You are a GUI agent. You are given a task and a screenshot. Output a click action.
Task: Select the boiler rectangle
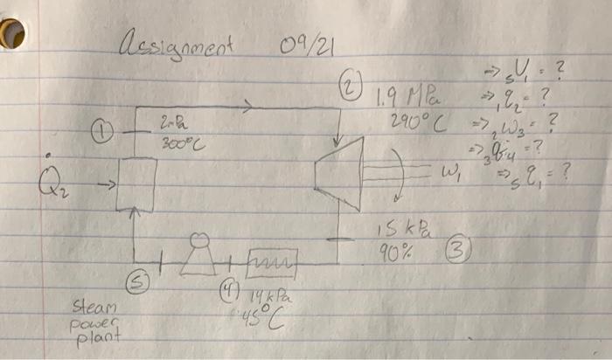pos(136,184)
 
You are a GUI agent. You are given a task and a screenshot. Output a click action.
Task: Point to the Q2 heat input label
pos(51,185)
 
